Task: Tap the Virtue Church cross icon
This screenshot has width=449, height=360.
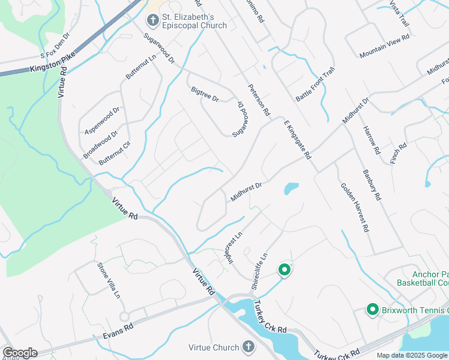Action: tap(249, 347)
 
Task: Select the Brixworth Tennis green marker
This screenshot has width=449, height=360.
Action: tap(372, 310)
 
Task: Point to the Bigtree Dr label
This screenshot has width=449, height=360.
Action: tap(205, 94)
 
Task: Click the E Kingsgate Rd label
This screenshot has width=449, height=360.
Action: tap(298, 139)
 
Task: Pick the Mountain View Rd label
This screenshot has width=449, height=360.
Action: tap(384, 46)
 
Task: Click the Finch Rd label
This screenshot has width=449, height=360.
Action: tap(399, 153)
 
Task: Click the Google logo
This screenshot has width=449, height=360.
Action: tap(19, 352)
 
